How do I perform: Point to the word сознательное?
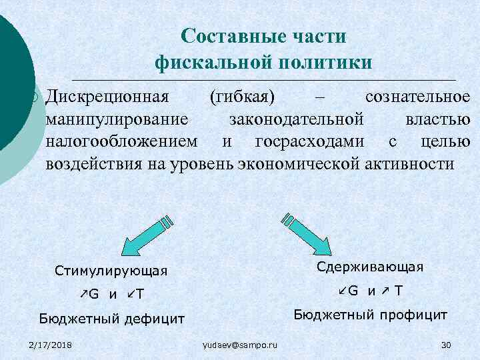point(417,97)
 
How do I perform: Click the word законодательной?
point(297,120)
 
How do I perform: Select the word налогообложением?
point(121,142)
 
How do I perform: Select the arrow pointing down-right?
point(307,233)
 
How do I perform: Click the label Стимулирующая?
point(111,271)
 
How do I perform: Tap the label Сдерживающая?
point(370,267)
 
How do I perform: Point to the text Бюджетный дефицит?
point(111,319)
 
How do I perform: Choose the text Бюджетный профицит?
point(371,314)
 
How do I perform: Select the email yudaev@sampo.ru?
point(240,344)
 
